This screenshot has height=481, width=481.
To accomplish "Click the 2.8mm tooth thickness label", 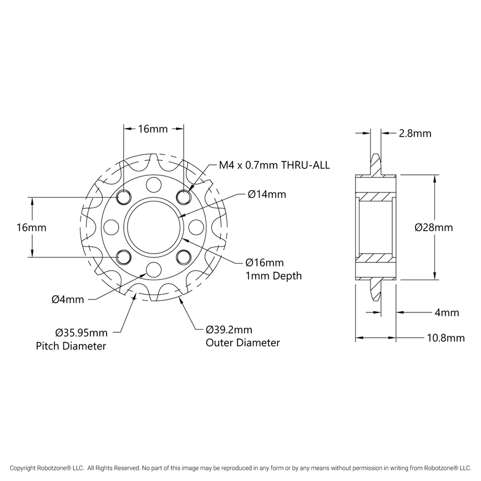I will point(414,134).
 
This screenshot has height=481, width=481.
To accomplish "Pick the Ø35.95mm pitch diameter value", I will point(81,333).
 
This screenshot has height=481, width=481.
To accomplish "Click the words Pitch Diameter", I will point(70,347).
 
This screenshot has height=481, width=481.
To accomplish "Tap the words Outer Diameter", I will point(242,343).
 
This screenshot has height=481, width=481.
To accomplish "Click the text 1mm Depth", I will point(274,276).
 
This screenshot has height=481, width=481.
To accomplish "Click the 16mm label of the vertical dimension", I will point(31,227).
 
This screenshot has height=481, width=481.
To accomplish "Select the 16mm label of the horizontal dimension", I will point(153,129).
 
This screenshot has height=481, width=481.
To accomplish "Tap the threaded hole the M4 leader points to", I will point(183,196).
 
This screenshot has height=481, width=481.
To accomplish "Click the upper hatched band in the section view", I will point(377,197).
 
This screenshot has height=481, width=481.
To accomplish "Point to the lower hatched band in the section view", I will point(377,257).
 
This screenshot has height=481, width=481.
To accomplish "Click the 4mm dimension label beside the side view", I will point(447,313).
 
